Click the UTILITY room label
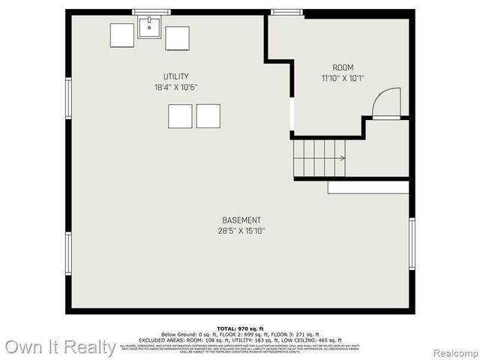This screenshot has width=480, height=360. [x=176, y=76]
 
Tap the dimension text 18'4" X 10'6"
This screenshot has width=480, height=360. [x=176, y=87]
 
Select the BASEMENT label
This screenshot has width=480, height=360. [x=241, y=220]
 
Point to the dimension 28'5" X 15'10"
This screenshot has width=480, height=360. [x=241, y=231]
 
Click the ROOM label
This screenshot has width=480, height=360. [x=343, y=67]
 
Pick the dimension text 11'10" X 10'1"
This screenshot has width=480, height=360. [x=343, y=78]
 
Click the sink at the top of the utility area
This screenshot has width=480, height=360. [x=149, y=28]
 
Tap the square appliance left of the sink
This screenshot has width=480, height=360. [x=122, y=35]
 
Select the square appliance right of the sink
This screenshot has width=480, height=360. [x=178, y=37]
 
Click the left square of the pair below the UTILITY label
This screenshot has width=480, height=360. [x=180, y=116]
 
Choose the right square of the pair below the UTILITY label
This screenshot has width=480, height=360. [x=208, y=116]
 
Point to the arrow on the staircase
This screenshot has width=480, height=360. [x=341, y=158]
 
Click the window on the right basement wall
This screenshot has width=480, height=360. [x=412, y=244]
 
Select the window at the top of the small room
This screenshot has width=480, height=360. [x=282, y=12]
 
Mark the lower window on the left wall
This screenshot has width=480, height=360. [x=68, y=253]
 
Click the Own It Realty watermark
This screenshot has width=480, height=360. [x=60, y=347]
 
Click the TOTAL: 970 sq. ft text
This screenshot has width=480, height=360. [x=241, y=329]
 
